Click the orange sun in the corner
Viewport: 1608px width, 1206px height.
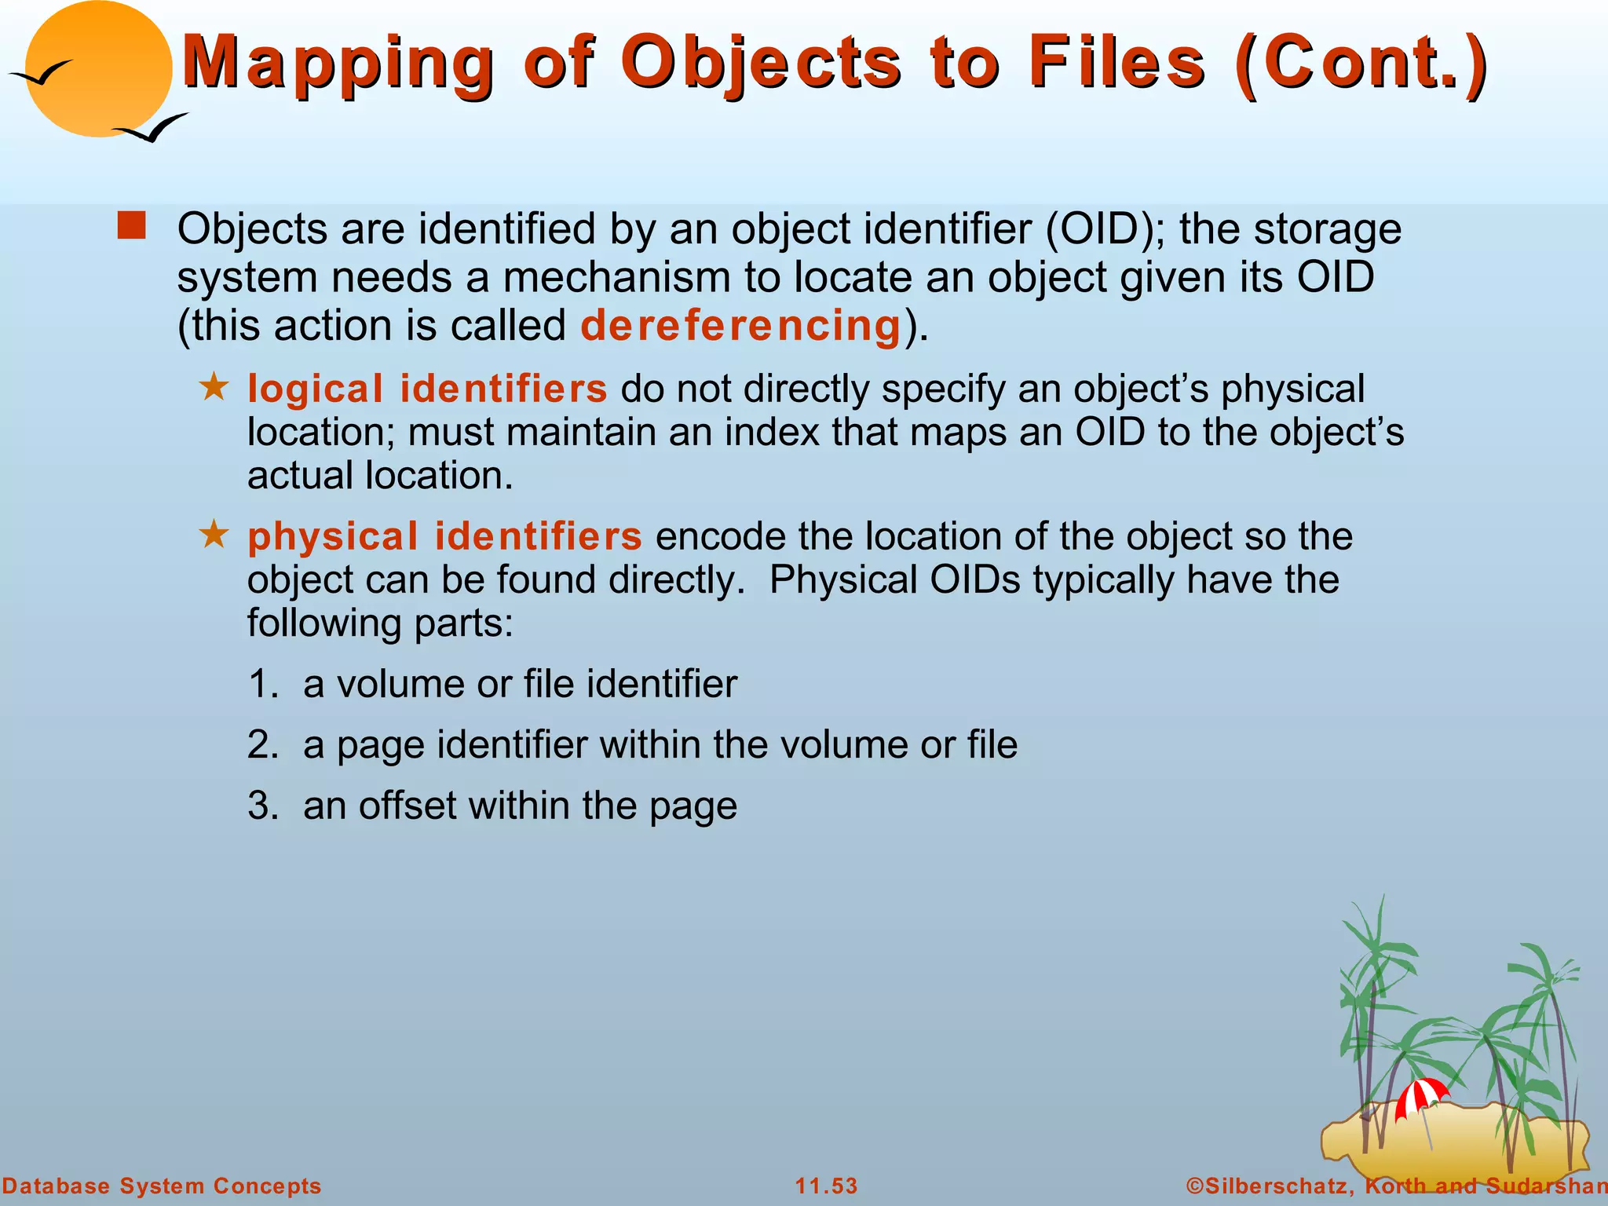[98, 69]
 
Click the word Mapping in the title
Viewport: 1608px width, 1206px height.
[338, 63]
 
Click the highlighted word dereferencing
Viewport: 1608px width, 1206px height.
[740, 326]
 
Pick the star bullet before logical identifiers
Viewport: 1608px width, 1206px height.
[214, 387]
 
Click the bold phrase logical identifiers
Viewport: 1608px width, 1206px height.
[427, 389]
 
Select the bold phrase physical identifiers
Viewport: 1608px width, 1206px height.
[444, 536]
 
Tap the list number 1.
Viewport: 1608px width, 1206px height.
[261, 684]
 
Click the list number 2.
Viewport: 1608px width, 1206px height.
[261, 744]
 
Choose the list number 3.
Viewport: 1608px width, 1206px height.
[261, 806]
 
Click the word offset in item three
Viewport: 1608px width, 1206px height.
[407, 806]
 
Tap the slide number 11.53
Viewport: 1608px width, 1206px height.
[826, 1186]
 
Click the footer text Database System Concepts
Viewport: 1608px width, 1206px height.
[162, 1186]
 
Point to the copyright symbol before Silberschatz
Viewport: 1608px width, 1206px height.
[1195, 1186]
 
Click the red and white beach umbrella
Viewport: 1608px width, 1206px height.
[1421, 1096]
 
